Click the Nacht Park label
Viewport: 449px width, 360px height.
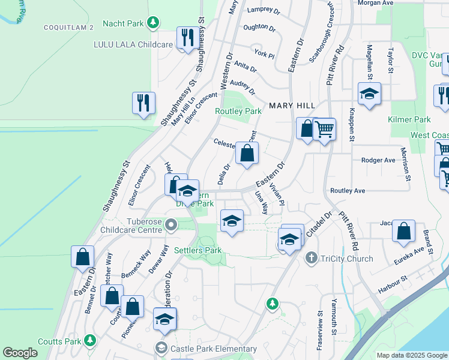123,23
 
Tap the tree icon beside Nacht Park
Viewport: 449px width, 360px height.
154,23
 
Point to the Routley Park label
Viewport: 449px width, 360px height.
238,111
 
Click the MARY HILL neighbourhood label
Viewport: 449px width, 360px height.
292,105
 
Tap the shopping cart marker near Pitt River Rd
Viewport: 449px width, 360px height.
325,128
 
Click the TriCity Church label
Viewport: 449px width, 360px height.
347,259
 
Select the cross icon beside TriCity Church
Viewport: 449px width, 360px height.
311,259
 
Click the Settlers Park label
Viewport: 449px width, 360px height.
197,250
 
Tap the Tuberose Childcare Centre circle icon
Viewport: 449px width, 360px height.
171,226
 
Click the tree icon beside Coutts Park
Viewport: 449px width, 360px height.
90,341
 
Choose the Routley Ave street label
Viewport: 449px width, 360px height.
348,190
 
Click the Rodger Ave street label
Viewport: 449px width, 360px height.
378,160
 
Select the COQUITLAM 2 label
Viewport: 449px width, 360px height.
68,28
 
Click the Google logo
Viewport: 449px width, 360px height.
20,353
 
